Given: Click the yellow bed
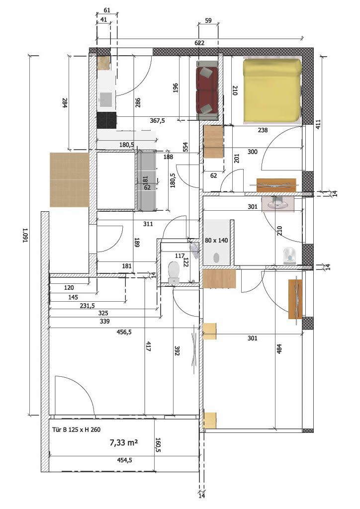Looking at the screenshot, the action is coord(272,91).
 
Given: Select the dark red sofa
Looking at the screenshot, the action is coord(207,90).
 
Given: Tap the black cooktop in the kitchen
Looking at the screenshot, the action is coord(106,120).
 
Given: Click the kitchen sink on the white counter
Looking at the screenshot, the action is coord(106,99).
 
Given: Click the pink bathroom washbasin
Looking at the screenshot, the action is coord(277,203).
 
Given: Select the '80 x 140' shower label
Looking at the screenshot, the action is coord(216,241).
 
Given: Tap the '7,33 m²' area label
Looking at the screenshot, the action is coord(124,442).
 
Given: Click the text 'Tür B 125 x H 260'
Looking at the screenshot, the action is coord(76,430).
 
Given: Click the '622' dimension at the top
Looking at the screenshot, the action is coord(199,43).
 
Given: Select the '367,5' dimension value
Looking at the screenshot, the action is coord(157,120).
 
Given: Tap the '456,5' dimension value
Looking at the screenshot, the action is coord(124,332).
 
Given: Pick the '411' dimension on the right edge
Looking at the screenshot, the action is coord(318,124).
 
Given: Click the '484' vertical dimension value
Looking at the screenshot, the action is coord(279,348).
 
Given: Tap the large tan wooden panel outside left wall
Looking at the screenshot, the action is coord(70,180).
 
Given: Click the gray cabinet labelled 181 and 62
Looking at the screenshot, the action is coord(147,180).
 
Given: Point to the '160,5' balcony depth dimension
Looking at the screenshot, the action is coord(158,445).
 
